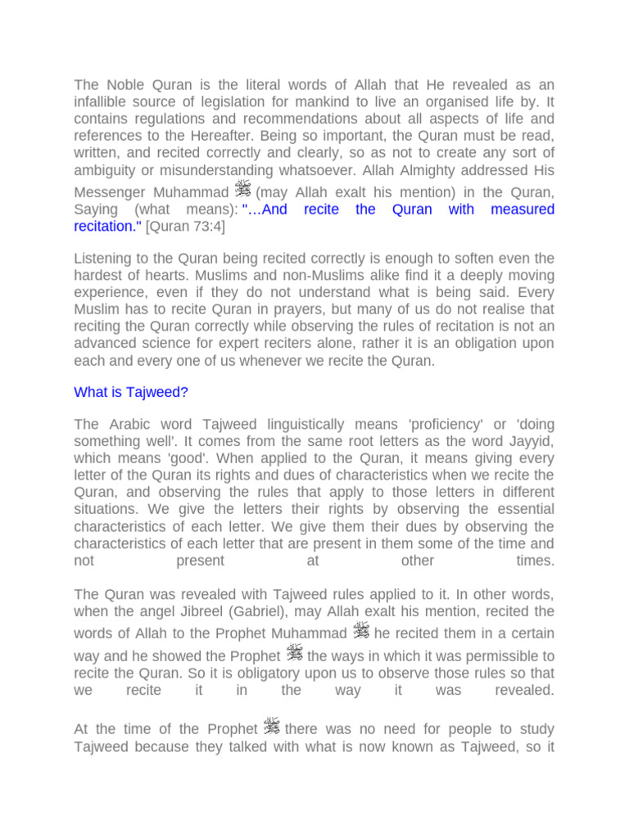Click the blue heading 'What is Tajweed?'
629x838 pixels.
(131, 392)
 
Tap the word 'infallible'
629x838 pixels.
(104, 101)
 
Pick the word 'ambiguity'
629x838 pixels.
(106, 170)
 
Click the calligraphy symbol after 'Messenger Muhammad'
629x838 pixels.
(242, 190)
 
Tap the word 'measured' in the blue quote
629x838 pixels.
(522, 209)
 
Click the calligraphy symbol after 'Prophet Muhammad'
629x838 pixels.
(361, 631)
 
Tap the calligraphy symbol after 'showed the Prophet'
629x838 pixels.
(294, 653)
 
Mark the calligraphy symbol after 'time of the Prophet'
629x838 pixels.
(272, 726)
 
